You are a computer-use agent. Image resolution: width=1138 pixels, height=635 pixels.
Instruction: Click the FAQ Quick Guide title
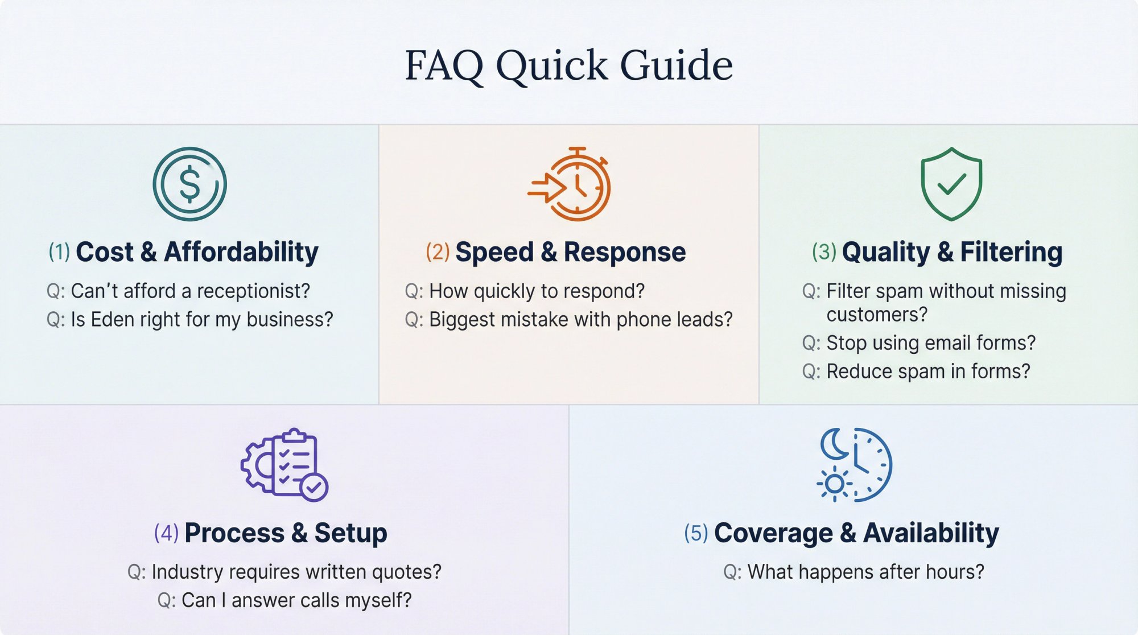point(568,65)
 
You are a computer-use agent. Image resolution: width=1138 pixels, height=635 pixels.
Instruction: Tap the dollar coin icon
point(189,184)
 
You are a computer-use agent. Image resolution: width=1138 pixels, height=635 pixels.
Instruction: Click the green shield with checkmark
point(951,184)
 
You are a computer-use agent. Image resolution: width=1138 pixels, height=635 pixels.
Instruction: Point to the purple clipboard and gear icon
point(284,465)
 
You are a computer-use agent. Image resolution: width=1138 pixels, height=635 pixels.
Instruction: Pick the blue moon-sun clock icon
point(854,465)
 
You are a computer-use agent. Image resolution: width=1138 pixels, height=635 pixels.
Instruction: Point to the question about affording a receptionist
point(178,291)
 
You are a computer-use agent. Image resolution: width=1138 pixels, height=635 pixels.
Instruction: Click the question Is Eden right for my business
point(189,320)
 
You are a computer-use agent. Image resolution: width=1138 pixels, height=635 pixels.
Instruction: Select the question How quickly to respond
point(525,291)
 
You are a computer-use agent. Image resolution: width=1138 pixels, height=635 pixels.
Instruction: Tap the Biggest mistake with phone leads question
point(568,320)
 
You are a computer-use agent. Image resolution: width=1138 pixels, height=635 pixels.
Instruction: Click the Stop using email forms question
point(919,343)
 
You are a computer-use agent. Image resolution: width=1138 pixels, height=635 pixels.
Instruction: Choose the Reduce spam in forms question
point(916,372)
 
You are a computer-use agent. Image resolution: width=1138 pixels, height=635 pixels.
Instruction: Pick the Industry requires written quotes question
point(284,572)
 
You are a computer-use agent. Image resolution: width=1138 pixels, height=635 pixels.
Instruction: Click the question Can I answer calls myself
point(284,600)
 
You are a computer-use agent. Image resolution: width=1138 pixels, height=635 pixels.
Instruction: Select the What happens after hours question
point(853,572)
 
